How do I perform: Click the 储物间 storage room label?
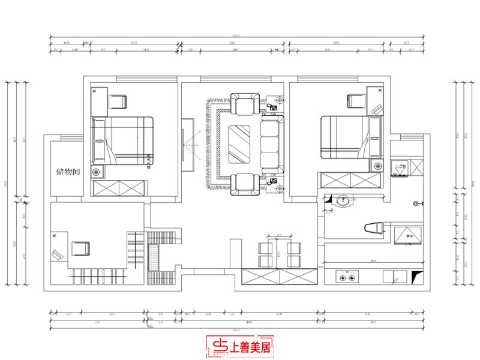click(68, 172)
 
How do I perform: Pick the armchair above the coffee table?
click(247, 104)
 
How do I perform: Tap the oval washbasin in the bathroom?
click(342, 201)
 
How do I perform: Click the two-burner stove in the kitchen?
click(347, 277)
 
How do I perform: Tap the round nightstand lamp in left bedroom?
click(97, 172)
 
